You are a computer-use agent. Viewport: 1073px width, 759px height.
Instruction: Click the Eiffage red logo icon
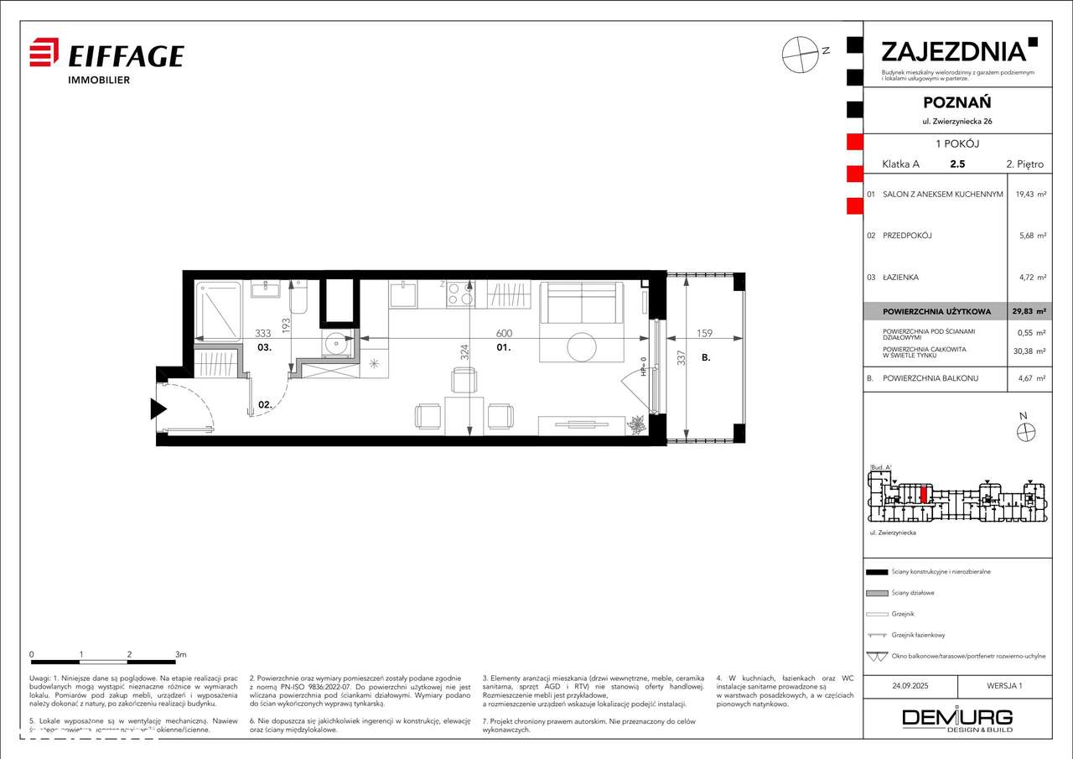click(x=44, y=53)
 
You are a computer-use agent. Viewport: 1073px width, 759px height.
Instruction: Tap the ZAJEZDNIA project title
click(x=953, y=51)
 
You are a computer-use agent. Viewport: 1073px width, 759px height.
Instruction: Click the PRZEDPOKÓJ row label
click(x=907, y=236)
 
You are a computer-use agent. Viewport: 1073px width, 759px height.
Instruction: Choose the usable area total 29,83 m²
click(x=1030, y=311)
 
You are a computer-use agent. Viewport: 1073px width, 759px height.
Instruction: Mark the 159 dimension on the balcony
click(x=704, y=333)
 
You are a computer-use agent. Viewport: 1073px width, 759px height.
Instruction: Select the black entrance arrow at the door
click(x=157, y=409)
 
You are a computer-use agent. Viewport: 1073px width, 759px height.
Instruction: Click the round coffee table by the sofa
click(x=581, y=346)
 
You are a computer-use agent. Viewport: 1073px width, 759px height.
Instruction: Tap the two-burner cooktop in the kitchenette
click(x=459, y=294)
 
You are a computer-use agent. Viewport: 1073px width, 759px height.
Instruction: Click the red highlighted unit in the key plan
click(x=923, y=494)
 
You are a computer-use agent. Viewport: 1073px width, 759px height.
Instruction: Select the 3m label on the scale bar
click(x=180, y=653)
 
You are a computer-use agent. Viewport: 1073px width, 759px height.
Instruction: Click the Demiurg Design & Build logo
click(x=956, y=719)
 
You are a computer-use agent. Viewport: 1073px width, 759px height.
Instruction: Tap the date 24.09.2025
click(x=910, y=685)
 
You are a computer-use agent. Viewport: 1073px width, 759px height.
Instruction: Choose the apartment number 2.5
click(x=956, y=164)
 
